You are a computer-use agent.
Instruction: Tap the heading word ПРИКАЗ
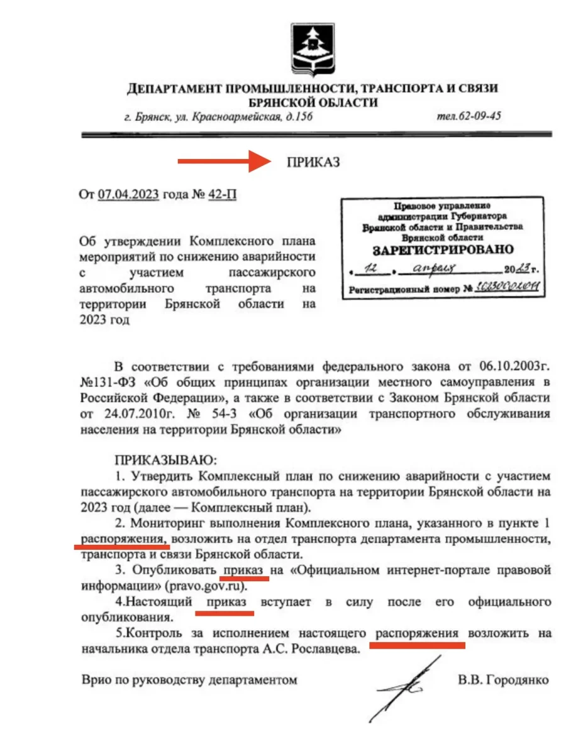(313, 162)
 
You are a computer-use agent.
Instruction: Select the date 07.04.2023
(129, 194)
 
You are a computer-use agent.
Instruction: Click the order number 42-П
(223, 194)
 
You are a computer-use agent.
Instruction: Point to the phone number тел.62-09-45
(469, 116)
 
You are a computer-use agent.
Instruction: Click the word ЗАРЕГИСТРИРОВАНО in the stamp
(443, 249)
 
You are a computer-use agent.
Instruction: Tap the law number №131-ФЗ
(106, 382)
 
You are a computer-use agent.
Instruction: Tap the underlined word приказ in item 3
(243, 571)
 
